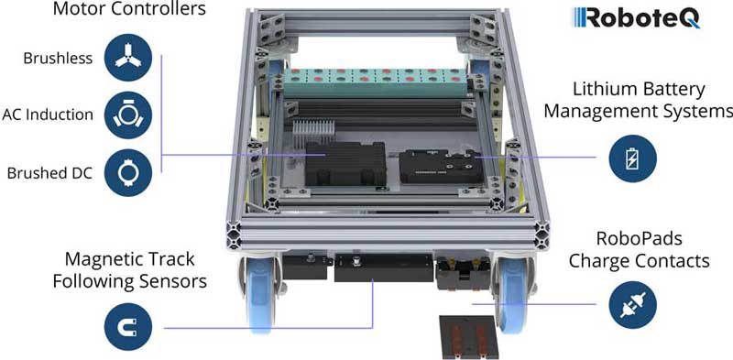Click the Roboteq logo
point(637,17)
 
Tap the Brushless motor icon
point(127,58)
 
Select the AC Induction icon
point(127,115)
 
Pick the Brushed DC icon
point(127,172)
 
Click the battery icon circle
point(632,158)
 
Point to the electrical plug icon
point(632,305)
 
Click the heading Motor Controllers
point(129,9)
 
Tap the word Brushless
point(58,59)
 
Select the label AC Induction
point(48,115)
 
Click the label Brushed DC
point(49,173)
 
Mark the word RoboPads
point(640,239)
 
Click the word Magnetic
point(99,259)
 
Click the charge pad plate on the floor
point(468,336)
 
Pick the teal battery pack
point(377,82)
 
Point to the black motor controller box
point(345,163)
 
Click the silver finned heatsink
point(314,131)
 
